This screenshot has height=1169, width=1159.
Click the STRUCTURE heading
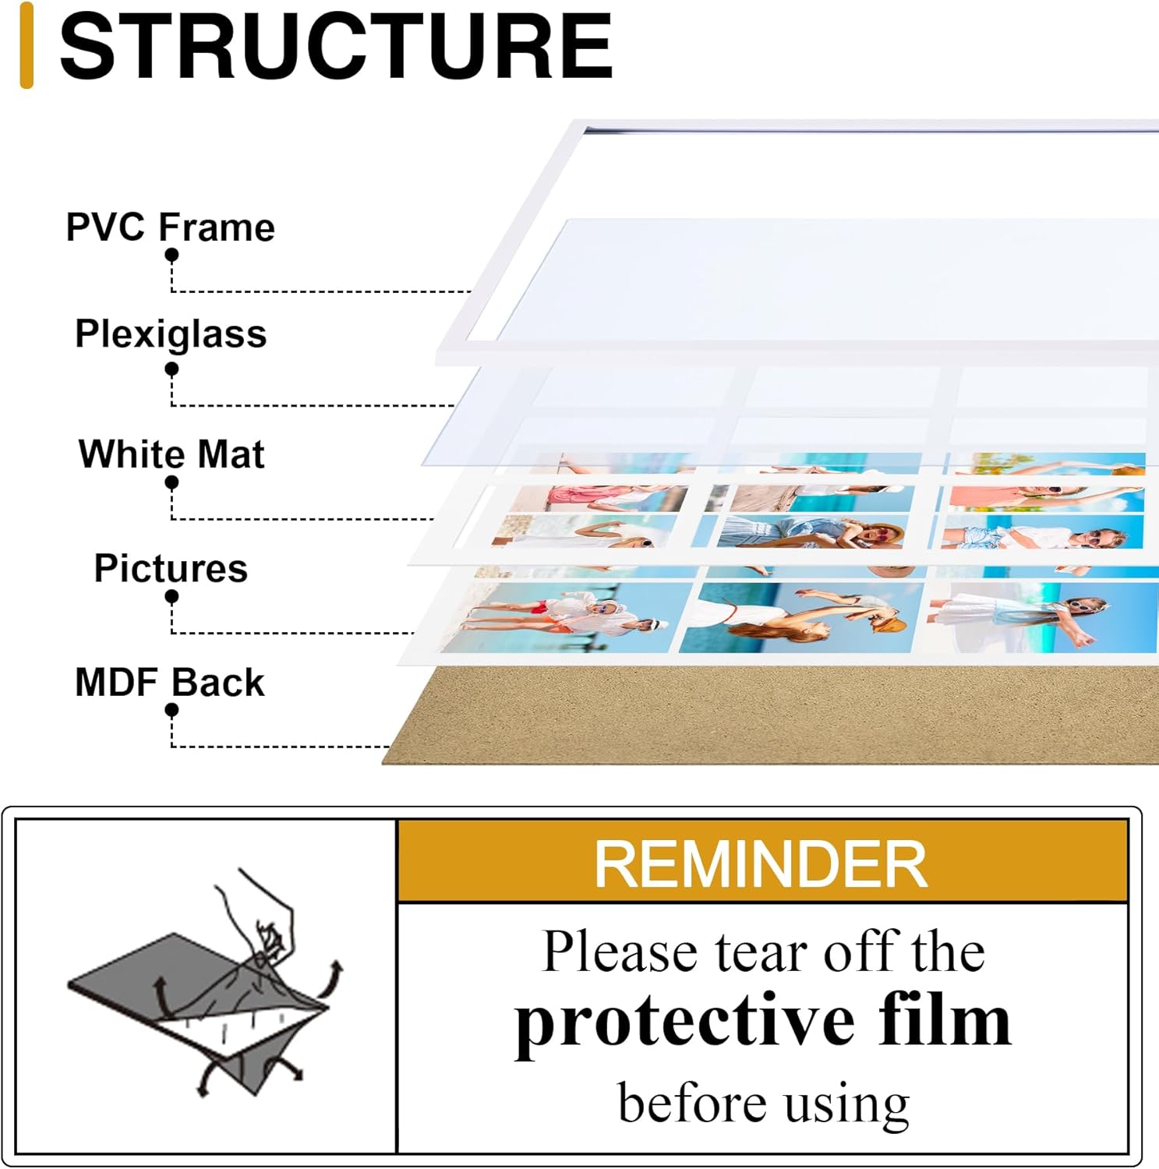click(x=336, y=46)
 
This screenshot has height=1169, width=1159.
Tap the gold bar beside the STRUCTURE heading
click(x=27, y=45)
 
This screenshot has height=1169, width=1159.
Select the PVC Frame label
click(x=170, y=228)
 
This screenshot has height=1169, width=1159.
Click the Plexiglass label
click(x=171, y=334)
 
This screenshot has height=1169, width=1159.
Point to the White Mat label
click(x=171, y=454)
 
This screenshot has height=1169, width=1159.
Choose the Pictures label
click(x=171, y=568)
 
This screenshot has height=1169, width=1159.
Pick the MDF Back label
click(x=170, y=683)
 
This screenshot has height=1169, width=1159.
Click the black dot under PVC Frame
click(x=171, y=255)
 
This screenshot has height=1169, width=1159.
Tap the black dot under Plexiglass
click(x=171, y=369)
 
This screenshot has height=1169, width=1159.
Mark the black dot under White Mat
click(x=171, y=482)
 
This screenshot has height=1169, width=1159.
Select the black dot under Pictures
click(x=171, y=597)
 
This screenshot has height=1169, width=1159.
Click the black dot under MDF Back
click(x=171, y=710)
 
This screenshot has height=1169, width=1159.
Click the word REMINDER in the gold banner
click(x=761, y=864)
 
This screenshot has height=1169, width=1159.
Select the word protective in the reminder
click(x=686, y=1022)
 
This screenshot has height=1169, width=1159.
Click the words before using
click(x=764, y=1104)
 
